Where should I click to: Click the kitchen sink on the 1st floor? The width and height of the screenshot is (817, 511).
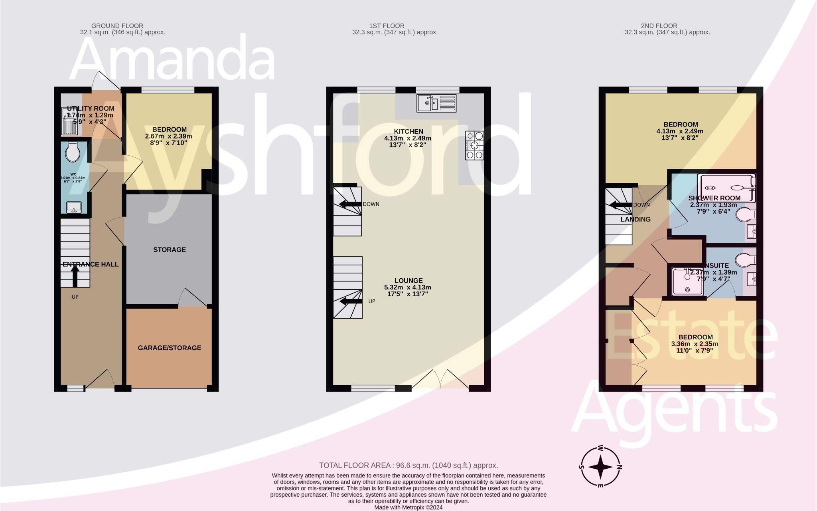pos(436,103)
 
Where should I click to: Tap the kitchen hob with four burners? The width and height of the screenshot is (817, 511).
pos(474,145)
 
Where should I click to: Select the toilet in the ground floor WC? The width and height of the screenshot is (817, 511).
pos(72,152)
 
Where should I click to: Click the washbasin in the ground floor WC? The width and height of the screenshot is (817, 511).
pos(73,207)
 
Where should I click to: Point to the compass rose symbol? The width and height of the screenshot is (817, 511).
pos(600,466)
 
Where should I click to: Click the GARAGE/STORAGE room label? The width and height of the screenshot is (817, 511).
pos(169,348)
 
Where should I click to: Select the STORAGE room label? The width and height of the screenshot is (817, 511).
pos(169,250)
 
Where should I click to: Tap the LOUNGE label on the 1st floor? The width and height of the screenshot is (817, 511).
pos(408,281)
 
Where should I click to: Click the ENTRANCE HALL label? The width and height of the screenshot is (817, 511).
pos(91,264)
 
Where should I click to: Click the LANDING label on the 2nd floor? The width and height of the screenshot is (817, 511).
pos(635,219)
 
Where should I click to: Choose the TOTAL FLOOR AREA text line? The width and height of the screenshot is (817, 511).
pos(408,465)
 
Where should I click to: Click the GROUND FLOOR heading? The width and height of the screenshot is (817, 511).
pos(117,26)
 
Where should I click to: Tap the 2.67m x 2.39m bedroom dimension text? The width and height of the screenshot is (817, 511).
pos(168,136)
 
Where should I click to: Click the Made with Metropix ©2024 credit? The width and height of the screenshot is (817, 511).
pos(408,507)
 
